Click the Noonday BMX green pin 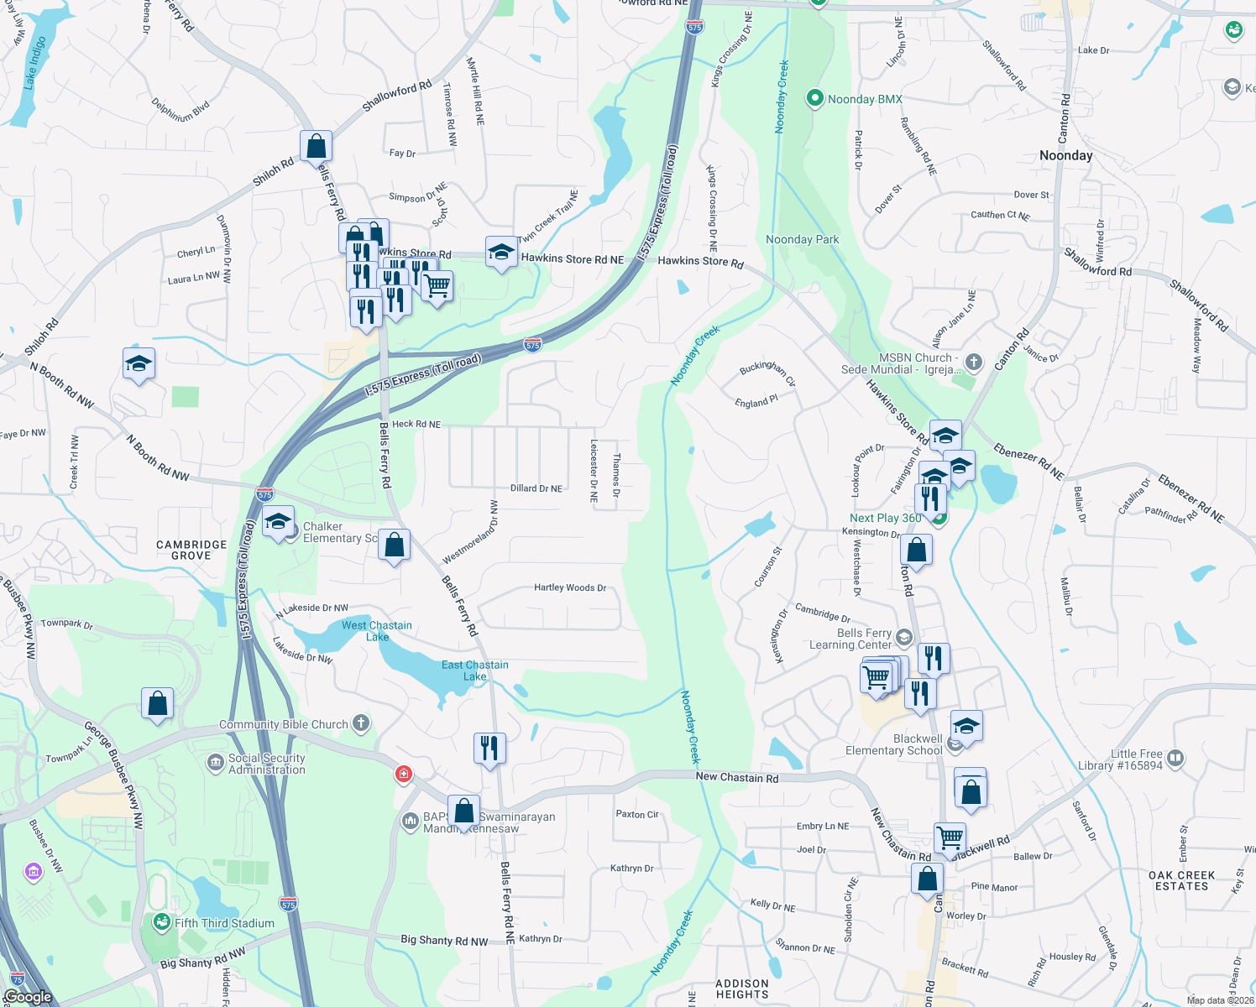tap(814, 98)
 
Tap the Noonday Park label tap(802, 239)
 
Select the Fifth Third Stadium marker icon tap(162, 923)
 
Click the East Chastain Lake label tap(474, 670)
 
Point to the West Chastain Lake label tap(376, 631)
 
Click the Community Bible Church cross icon tap(360, 723)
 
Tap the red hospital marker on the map tap(404, 774)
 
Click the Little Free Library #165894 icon tap(1175, 759)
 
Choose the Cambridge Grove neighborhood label tap(191, 550)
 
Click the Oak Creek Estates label tap(1181, 880)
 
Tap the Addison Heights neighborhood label tap(742, 989)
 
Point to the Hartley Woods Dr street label tap(570, 587)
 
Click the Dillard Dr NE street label tap(536, 488)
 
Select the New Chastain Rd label tap(736, 777)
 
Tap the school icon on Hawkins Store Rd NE tap(501, 253)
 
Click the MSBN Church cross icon tap(973, 363)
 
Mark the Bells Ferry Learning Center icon tap(903, 638)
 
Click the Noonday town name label tap(1065, 155)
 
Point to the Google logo tap(28, 996)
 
